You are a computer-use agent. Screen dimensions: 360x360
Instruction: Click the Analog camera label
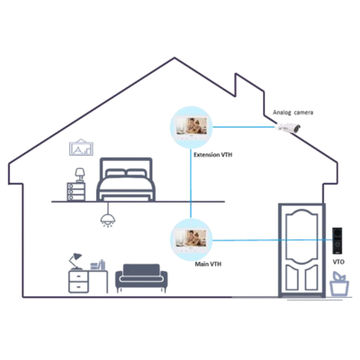coord(292,112)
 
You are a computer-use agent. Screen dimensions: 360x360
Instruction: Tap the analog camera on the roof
coord(289,128)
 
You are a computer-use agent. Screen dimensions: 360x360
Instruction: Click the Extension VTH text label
coord(212,155)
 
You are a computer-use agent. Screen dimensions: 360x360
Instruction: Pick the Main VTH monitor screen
coord(191,239)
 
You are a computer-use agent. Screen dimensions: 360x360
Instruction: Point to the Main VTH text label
coord(208,265)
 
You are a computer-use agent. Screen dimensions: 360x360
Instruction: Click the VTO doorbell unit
coord(337,241)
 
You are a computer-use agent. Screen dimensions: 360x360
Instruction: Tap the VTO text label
coord(338,262)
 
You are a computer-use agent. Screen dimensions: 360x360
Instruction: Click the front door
coord(301,250)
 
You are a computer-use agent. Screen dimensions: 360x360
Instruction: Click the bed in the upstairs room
coord(126,179)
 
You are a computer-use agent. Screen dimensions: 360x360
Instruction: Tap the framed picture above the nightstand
coord(81,147)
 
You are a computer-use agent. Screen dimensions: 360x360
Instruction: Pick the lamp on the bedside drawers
coord(80,175)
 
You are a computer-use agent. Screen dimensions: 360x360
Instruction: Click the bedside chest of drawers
coord(76,192)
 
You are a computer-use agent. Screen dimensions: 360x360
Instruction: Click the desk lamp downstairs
coord(75,261)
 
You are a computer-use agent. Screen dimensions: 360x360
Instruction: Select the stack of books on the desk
coord(98,265)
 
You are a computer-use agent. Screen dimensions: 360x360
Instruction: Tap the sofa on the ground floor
coord(141,278)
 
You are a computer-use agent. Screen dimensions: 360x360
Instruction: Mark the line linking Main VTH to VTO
coord(272,240)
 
